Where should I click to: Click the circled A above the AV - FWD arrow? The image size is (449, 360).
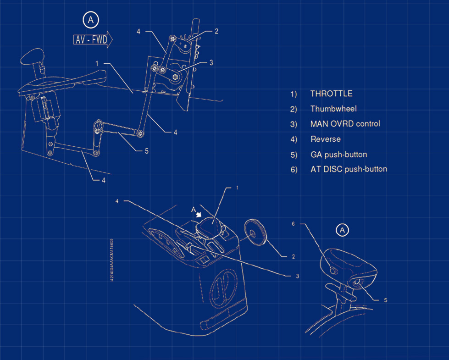coord(91,20)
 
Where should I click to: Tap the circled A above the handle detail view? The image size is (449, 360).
coord(342,230)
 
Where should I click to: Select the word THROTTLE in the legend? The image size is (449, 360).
coord(331,94)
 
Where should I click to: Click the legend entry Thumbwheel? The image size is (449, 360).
coord(333,109)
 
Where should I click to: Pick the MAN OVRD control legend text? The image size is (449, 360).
coord(345,124)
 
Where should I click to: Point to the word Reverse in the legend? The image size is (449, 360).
coord(325,139)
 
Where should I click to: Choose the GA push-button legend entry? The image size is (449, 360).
coord(338,154)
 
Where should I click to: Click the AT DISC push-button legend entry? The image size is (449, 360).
coord(348,169)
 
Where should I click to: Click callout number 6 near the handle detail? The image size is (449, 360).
coord(294,224)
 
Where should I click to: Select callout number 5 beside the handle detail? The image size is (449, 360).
coord(386,300)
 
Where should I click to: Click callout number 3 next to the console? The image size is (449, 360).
coord(297,276)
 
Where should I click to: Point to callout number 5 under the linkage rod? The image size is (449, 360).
coord(146,151)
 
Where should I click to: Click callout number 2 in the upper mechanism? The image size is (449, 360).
coord(216,31)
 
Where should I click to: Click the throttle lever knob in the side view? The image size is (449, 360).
coord(33,57)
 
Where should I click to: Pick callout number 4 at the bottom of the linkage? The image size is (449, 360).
coord(103,180)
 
